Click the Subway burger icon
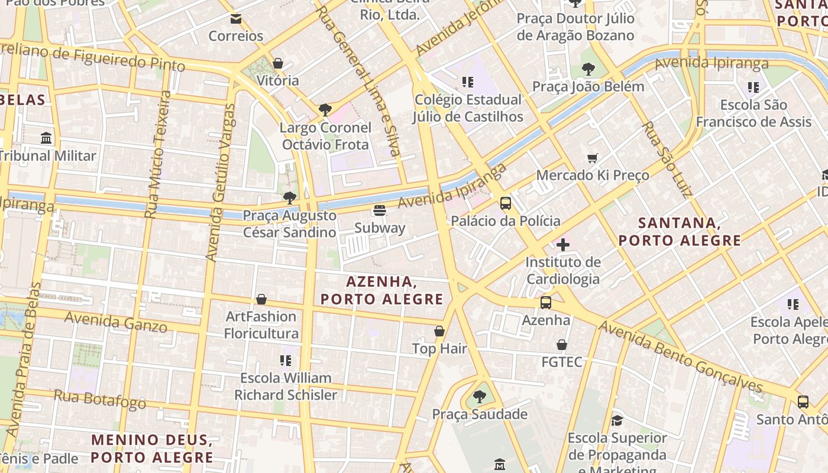tap(380, 210)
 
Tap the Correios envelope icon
tap(236, 19)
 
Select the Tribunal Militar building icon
tap(46, 138)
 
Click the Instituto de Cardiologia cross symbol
tap(563, 244)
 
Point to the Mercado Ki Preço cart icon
tap(593, 158)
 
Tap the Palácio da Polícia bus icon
tap(506, 203)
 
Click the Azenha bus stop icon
tap(546, 303)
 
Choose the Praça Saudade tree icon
tap(480, 396)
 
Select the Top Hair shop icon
tap(439, 331)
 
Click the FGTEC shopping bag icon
tap(562, 345)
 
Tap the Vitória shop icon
tap(278, 63)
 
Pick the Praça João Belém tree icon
tap(588, 69)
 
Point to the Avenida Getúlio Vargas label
tap(221, 182)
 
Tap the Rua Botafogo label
tap(100, 399)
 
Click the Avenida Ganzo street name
tap(115, 321)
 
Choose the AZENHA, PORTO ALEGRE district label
tap(382, 290)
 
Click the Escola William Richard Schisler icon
tap(286, 360)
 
